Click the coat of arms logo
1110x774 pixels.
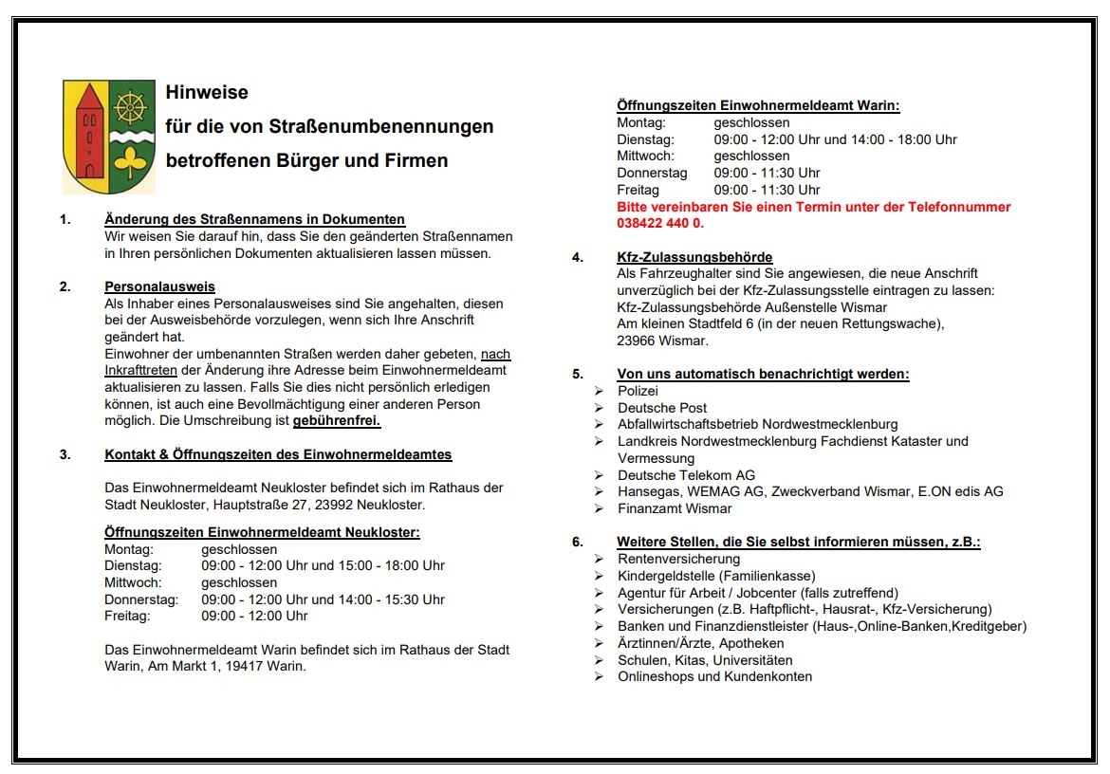point(108,137)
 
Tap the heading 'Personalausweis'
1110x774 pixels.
point(159,286)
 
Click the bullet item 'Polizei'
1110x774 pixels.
point(638,391)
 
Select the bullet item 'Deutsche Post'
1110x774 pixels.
point(662,408)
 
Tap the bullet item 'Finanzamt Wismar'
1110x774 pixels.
point(675,508)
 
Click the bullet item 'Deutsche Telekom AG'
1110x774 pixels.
point(686,475)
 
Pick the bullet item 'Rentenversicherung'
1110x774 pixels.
point(678,559)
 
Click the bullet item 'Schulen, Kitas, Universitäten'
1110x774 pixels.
point(705,660)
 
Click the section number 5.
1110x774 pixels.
point(577,374)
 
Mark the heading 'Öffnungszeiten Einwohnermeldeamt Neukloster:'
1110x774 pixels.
point(262,532)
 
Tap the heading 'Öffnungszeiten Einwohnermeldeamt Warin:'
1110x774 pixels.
point(758,105)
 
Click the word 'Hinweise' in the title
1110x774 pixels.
point(207,92)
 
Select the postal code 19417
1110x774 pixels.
point(242,666)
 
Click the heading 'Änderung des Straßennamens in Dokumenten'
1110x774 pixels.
point(254,219)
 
